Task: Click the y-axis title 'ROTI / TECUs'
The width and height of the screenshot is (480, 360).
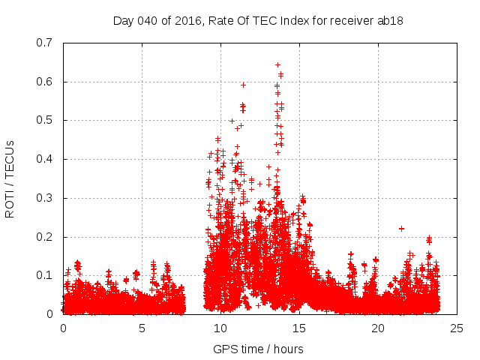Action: click(10, 178)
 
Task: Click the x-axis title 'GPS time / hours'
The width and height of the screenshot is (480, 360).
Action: click(258, 349)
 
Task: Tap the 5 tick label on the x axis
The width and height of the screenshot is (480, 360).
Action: click(142, 328)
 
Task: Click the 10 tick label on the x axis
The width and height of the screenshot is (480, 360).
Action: click(220, 328)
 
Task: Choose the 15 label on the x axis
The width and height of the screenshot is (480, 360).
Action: click(299, 328)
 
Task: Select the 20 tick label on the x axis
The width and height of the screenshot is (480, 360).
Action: click(378, 328)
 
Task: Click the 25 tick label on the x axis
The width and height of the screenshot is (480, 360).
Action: click(457, 328)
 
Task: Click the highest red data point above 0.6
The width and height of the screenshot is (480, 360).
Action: click(277, 64)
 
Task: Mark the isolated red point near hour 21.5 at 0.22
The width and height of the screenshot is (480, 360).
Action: click(401, 228)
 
